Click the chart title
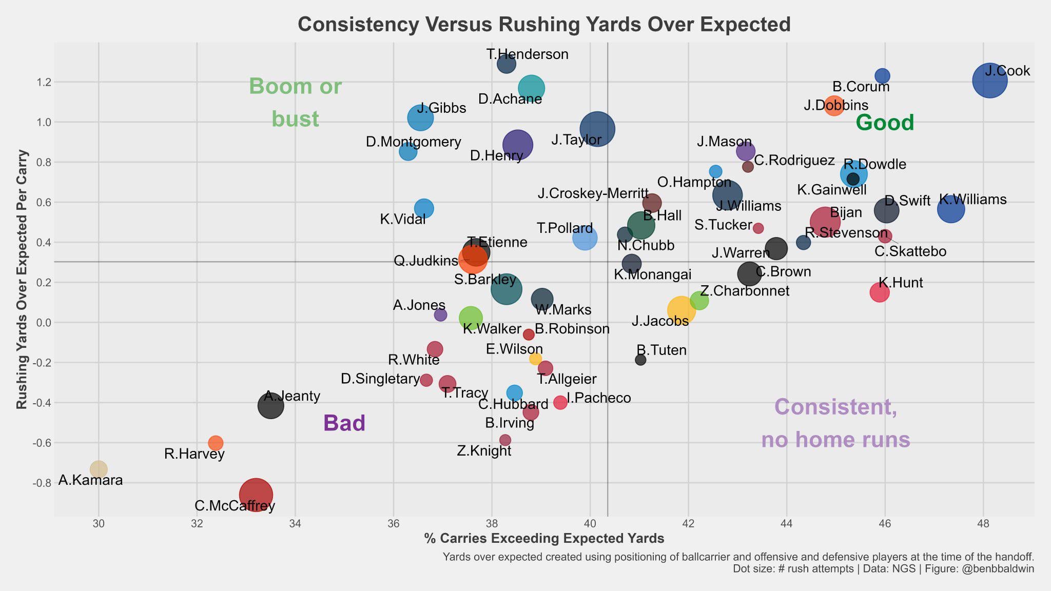(544, 25)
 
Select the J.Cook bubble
(989, 80)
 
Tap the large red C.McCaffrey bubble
(256, 495)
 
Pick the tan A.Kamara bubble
(99, 469)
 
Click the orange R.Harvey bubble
(216, 443)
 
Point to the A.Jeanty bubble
(270, 406)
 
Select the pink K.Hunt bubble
(879, 292)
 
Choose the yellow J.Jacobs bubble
(681, 310)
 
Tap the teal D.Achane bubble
(531, 88)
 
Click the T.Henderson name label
(528, 54)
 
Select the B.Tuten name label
(661, 350)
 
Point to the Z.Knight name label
(484, 451)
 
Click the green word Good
(885, 123)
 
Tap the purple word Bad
(344, 423)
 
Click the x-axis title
(544, 538)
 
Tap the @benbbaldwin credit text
(1004, 568)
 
